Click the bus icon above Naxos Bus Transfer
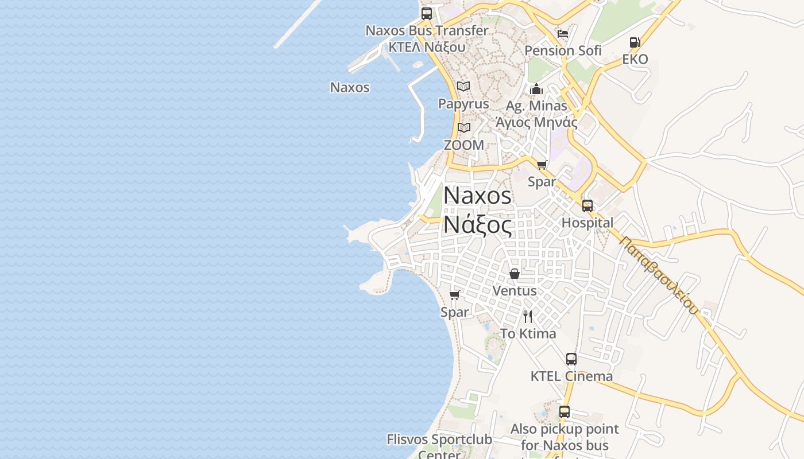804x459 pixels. (x=427, y=14)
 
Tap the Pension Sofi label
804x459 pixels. (x=563, y=50)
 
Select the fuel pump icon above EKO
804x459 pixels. (x=635, y=42)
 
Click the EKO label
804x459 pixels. (x=635, y=59)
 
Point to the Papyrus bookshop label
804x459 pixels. (x=463, y=104)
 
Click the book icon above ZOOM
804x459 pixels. (x=463, y=127)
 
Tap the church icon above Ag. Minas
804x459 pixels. (x=536, y=89)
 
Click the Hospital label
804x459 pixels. (x=587, y=223)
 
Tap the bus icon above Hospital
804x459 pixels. (x=587, y=205)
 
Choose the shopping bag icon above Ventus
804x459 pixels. (x=515, y=274)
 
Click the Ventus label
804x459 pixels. (x=515, y=291)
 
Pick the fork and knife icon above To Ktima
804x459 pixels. (x=528, y=316)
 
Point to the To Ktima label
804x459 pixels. (x=528, y=334)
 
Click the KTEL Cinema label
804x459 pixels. (x=571, y=376)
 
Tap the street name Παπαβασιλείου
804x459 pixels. (x=659, y=275)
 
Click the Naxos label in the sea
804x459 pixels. (x=350, y=88)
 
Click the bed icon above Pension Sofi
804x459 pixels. (x=563, y=33)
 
